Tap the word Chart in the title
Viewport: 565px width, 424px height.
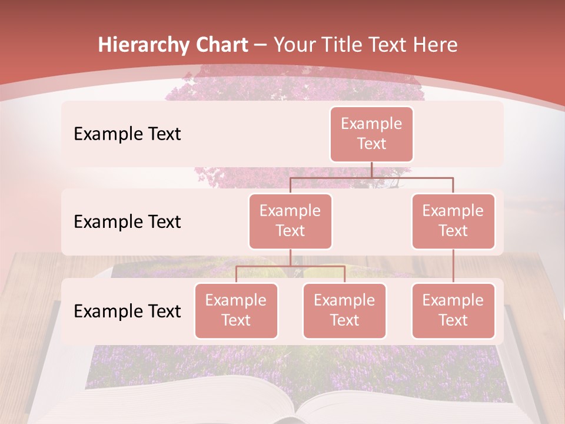coord(222,45)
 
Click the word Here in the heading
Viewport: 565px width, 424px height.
coord(436,45)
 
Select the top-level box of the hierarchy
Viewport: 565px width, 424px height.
coord(371,134)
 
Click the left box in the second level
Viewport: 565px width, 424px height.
coord(290,221)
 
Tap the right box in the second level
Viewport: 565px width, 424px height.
coord(453,221)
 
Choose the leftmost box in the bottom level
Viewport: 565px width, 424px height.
coord(236,310)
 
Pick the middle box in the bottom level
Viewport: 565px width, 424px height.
coord(344,310)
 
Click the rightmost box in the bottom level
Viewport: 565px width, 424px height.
coord(453,310)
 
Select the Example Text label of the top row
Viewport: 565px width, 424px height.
coord(127,134)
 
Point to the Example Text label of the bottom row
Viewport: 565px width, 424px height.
coord(127,311)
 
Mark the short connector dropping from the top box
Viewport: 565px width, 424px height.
coord(371,170)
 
